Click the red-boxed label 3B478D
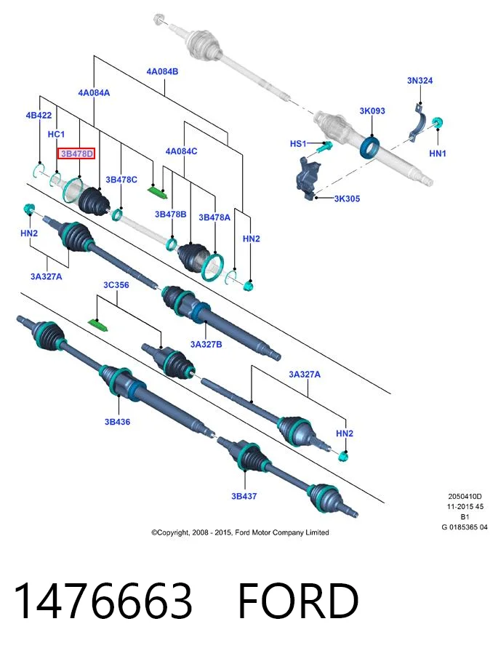76,154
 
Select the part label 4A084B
162,71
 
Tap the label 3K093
372,111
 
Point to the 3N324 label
419,80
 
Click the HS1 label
298,144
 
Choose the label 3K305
347,199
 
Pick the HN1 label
438,153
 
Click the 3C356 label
116,285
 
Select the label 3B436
117,422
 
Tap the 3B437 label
244,496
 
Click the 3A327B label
206,344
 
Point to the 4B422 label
39,115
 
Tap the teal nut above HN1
438,123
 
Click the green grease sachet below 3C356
99,324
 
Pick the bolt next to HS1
324,147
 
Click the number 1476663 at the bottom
103,600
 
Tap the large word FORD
298,600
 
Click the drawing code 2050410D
465,497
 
